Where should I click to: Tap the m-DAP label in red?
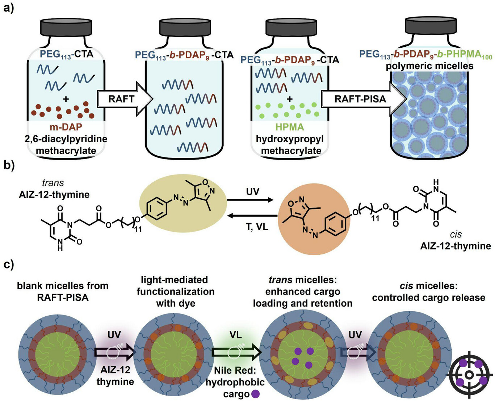click(66, 127)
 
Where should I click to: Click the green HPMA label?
click(290, 127)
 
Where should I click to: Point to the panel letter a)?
click(8, 7)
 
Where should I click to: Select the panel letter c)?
click(8, 264)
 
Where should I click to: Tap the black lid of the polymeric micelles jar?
click(429, 26)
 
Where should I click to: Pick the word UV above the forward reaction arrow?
click(252, 191)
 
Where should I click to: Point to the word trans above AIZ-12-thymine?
click(53, 183)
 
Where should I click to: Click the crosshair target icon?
click(469, 375)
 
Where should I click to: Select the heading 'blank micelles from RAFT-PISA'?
click(63, 291)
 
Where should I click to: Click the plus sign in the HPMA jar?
click(290, 99)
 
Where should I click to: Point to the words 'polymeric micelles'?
click(429, 66)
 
